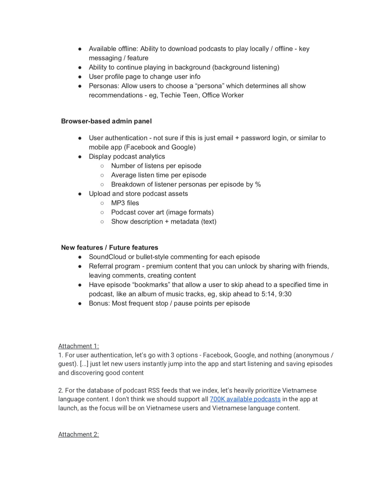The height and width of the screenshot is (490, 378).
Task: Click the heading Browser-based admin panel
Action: (106, 121)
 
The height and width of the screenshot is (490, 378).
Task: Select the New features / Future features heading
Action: (109, 247)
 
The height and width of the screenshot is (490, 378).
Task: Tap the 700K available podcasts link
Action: (245, 399)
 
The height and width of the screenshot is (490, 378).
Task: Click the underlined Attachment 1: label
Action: (78, 346)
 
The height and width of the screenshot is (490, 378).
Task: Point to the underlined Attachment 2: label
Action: (78, 434)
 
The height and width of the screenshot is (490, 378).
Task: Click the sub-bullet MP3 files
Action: (125, 203)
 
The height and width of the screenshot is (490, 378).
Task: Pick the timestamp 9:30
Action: (285, 294)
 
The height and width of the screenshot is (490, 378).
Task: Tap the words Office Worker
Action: (223, 95)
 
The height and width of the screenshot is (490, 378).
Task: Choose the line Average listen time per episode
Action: (159, 175)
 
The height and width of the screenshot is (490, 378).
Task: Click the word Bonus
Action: (99, 303)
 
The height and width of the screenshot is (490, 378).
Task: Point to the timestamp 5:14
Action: (269, 294)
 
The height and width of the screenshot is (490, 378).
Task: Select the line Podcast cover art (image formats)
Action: (162, 212)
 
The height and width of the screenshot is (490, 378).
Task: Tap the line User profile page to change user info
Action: (144, 77)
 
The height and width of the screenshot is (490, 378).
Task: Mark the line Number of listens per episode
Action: (156, 166)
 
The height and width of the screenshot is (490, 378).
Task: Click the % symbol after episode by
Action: (258, 184)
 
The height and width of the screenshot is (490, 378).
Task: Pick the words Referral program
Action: (114, 266)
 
